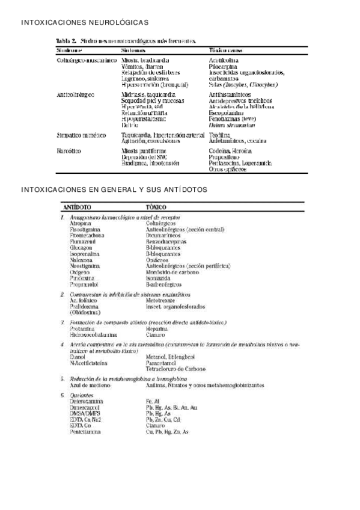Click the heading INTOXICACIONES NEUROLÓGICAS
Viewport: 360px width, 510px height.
point(84,22)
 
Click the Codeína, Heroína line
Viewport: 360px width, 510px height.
point(230,150)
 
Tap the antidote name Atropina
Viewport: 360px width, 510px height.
point(80,223)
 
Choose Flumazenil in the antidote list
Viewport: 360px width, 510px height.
point(82,241)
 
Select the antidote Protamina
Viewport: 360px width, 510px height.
point(81,328)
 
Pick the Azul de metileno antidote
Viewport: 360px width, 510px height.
point(88,385)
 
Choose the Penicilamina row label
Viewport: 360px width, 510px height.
point(84,432)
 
